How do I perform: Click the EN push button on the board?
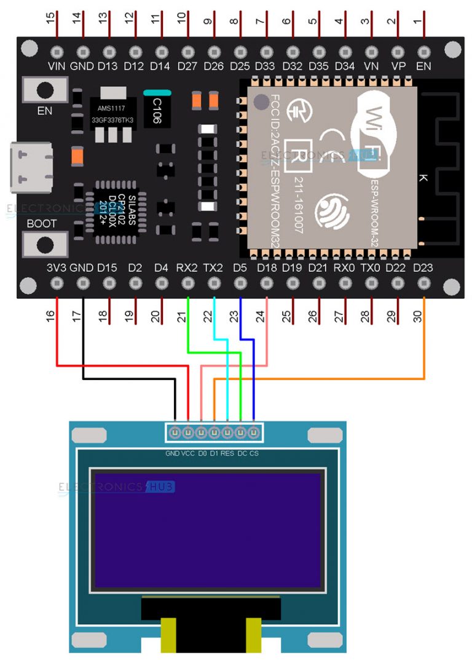point(44,90)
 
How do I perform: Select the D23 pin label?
point(423,268)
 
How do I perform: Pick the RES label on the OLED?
point(227,454)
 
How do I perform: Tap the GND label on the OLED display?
point(172,454)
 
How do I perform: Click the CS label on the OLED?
point(254,454)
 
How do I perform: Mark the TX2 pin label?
point(213,268)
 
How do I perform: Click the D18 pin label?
point(267,268)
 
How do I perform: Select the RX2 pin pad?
point(187,284)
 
